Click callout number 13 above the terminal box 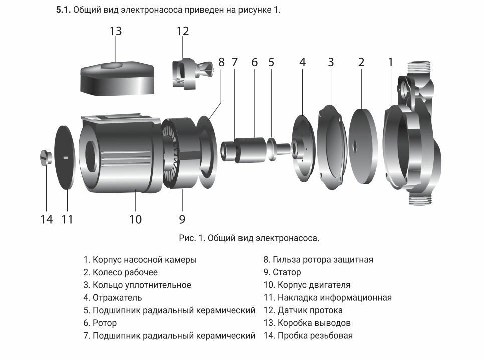pyautogui.click(x=116, y=31)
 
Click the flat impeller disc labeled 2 pyautogui.click(x=362, y=145)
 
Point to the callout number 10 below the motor pyautogui.click(x=135, y=219)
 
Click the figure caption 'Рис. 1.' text pyautogui.click(x=192, y=238)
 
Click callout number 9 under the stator pyautogui.click(x=182, y=219)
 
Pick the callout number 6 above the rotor pyautogui.click(x=254, y=62)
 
